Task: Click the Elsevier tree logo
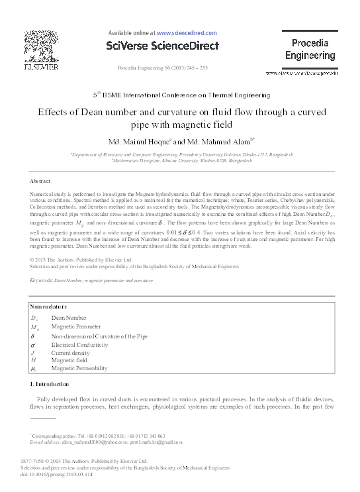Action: click(x=41, y=48)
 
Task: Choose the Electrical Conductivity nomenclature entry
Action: click(x=83, y=345)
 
